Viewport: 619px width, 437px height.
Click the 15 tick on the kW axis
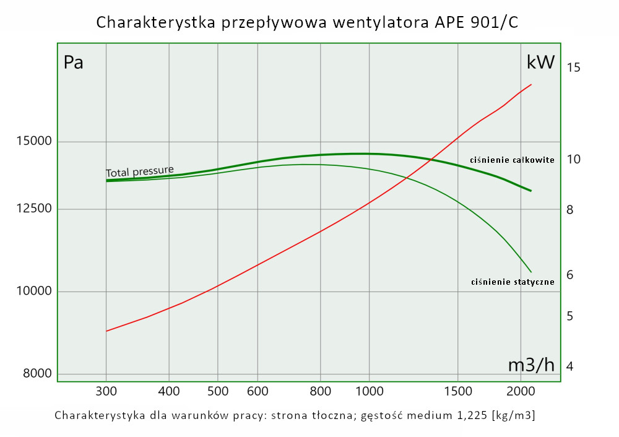click(573, 67)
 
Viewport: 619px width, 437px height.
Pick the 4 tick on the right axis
click(570, 366)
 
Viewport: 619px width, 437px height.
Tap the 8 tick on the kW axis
click(570, 210)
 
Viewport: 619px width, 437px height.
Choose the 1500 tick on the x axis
click(457, 391)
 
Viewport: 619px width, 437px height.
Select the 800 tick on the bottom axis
click(320, 391)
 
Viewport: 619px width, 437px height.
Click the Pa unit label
click(74, 63)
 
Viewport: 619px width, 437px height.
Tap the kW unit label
click(540, 63)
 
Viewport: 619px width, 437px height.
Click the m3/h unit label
click(531, 365)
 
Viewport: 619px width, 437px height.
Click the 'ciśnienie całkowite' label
click(512, 160)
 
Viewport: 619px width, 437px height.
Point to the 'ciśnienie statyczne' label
click(513, 282)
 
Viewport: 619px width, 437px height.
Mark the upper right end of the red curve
click(531, 84)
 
